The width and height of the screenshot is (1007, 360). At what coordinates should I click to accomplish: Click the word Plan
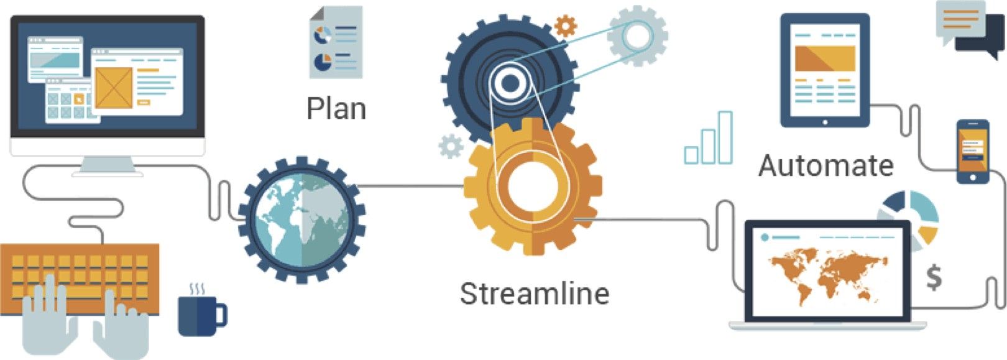tap(336, 108)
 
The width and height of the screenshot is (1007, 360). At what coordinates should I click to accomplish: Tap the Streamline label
tap(535, 293)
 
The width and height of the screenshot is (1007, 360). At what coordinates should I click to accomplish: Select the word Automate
tap(826, 165)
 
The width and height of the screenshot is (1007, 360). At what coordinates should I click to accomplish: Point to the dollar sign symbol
tap(934, 278)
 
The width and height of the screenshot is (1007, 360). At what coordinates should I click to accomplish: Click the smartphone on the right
tap(972, 152)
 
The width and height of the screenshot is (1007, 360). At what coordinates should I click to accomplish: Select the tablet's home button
tap(825, 122)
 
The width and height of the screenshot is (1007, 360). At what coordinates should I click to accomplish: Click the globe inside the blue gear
tap(301, 220)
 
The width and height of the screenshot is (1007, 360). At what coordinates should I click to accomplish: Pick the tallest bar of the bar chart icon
tap(725, 137)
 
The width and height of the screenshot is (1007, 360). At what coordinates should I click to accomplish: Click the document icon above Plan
tap(336, 42)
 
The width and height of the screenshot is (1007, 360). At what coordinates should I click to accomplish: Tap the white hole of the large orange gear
tap(533, 187)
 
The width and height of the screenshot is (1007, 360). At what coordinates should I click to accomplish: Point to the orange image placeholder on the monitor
tap(114, 88)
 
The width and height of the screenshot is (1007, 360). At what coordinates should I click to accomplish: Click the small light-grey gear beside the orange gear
tap(451, 147)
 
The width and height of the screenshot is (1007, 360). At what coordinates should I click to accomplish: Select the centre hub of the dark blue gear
tap(510, 83)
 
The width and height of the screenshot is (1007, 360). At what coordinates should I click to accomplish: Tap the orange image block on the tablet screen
tap(825, 58)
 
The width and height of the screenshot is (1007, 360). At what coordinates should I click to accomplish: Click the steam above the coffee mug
tap(197, 289)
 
